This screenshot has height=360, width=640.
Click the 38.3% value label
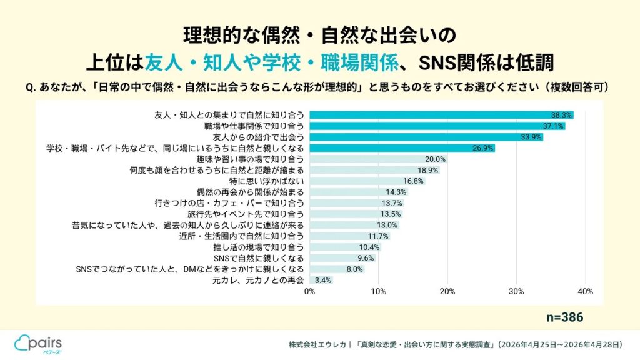click(561, 115)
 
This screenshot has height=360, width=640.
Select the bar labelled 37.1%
click(437, 126)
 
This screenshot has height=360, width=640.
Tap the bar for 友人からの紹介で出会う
click(426, 137)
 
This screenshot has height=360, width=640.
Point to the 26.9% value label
click(483, 148)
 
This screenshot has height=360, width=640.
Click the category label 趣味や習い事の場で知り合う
click(250, 159)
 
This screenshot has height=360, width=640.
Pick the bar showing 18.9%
click(375, 170)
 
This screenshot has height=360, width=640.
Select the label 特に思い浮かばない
click(266, 181)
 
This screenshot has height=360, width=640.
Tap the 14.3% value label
click(396, 192)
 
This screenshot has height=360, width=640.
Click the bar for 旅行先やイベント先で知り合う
click(356, 214)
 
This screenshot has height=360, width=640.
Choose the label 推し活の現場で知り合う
click(258, 247)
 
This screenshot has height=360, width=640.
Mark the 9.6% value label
click(366, 258)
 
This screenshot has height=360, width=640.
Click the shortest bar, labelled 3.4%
click(321, 281)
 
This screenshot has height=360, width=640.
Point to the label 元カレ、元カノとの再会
click(258, 281)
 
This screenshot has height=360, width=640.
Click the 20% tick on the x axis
click(447, 291)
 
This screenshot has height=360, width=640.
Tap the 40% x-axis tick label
click(585, 291)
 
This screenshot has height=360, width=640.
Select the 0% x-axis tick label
click(310, 291)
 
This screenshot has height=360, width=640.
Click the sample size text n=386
click(565, 317)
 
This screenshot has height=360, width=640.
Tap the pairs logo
click(38, 344)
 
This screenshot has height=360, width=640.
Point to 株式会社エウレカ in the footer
click(317, 345)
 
